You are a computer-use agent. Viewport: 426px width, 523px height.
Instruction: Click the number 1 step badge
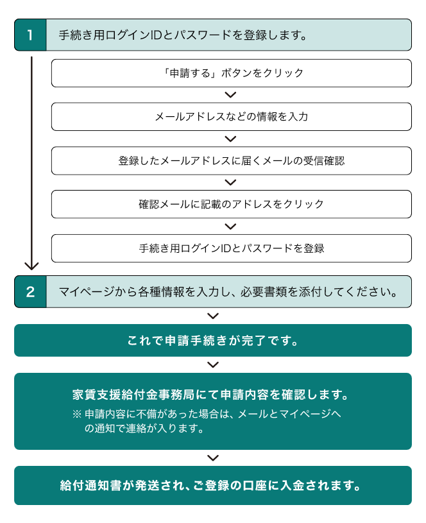coord(30,35)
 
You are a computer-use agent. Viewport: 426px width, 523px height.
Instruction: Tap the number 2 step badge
coord(30,292)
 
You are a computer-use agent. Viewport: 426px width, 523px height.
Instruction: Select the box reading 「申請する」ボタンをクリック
coord(232,73)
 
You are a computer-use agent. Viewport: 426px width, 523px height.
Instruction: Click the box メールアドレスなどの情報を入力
coord(232,117)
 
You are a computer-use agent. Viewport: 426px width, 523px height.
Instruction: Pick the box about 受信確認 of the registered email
coord(232,161)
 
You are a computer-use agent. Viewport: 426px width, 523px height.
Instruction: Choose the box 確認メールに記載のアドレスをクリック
coord(232,204)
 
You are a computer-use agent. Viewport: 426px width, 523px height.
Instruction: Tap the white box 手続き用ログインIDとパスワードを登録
coord(232,248)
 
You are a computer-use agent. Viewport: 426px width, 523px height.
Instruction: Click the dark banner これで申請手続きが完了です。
coord(213,341)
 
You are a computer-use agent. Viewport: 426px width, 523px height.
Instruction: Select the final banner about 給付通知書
coord(213,486)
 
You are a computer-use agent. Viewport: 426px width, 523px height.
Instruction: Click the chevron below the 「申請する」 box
coord(230,95)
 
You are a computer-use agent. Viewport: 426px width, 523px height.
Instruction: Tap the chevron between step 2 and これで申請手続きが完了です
coord(213,316)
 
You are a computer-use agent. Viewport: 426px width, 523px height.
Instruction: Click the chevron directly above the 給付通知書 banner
coord(213,458)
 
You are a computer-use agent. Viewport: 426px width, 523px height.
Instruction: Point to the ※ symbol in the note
coord(77,415)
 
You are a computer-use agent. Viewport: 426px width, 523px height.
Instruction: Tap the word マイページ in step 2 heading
coord(87,292)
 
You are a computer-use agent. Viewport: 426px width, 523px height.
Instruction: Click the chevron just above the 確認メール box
coord(230,182)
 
